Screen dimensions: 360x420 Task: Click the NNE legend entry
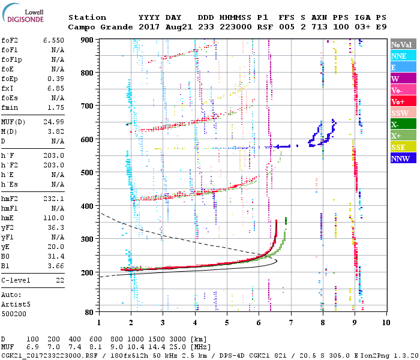402,56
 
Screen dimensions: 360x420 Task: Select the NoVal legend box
402,44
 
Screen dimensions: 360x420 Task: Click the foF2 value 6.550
53,40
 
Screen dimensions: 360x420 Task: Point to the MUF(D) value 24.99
53,122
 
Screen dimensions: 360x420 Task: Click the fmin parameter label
10,107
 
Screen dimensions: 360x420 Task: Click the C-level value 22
59,280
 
